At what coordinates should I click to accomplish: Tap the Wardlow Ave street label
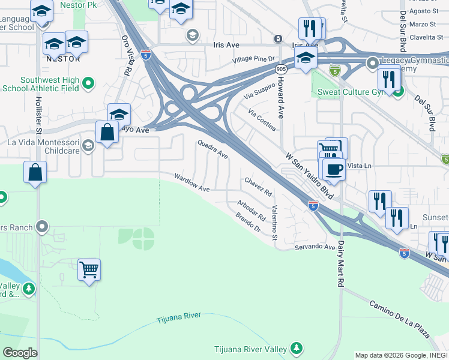click(191, 183)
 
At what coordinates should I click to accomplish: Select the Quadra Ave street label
click(212, 149)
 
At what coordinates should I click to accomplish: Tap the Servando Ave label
click(315, 247)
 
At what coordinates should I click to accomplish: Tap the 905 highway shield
click(281, 69)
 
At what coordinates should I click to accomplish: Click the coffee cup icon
click(334, 168)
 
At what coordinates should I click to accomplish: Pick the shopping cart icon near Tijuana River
click(89, 270)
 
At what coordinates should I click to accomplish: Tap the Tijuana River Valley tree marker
click(296, 348)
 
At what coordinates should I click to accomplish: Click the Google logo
click(20, 353)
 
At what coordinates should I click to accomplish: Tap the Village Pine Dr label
click(254, 59)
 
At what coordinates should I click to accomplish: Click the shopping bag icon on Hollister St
click(35, 173)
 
